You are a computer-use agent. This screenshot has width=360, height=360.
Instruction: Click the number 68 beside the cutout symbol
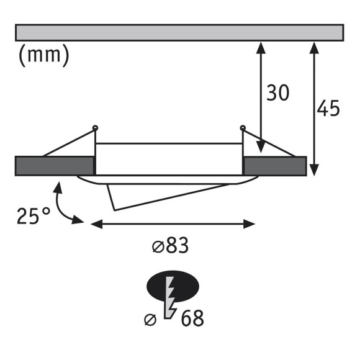(192, 319)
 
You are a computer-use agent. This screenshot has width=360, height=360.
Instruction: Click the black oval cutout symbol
(172, 285)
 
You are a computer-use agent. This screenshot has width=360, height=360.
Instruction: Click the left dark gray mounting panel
(54, 165)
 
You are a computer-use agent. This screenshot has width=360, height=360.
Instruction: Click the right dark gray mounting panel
(275, 165)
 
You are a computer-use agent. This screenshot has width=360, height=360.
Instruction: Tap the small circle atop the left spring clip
(95, 128)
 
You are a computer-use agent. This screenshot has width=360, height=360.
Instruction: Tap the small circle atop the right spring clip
(243, 128)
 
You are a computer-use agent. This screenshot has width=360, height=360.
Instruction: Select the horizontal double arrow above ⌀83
(173, 223)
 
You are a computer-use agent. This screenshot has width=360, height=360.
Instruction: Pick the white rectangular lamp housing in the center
(169, 158)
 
